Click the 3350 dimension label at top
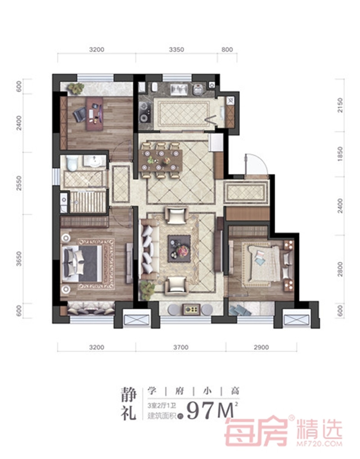point(176,50)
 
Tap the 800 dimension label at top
point(227,50)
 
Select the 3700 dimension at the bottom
point(181,348)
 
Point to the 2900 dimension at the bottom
point(261,348)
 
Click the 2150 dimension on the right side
point(340,105)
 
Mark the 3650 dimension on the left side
point(19,259)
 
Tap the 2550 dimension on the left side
point(19,183)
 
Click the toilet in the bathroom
point(72,162)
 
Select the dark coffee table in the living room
point(179,248)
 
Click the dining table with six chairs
point(161,160)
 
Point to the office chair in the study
point(80,114)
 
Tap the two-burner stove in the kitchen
point(145,111)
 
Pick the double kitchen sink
point(180,89)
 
